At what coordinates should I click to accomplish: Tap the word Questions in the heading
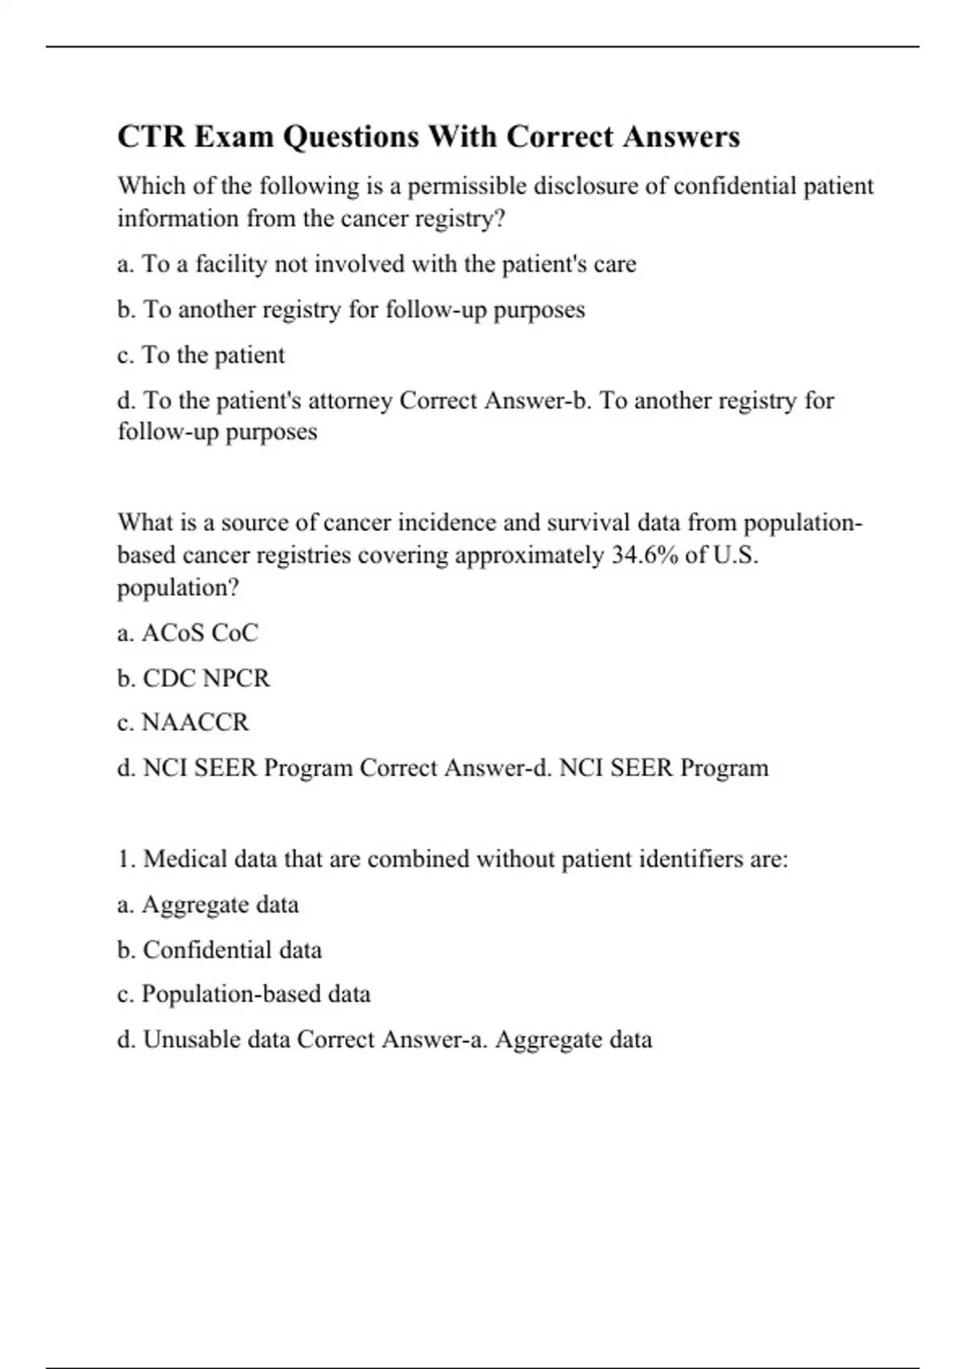pos(350,137)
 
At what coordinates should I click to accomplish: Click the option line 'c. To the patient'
pos(201,355)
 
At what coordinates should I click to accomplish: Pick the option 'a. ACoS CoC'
pos(188,633)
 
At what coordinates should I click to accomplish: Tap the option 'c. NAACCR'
pos(184,722)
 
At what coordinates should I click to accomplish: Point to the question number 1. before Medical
pos(126,859)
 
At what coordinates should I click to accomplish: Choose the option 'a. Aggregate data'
pos(208,904)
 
